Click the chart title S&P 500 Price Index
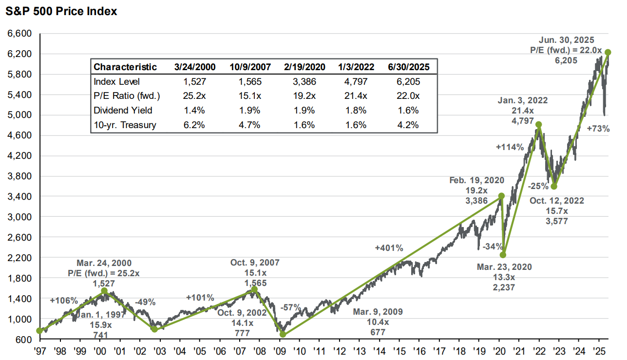point(61,11)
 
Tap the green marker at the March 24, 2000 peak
point(104,290)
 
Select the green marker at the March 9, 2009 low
point(283,334)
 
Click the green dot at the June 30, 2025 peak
point(608,52)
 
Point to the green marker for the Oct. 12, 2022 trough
point(553,187)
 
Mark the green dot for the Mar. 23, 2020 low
point(503,255)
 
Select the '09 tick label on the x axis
point(279,351)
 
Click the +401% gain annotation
point(389,248)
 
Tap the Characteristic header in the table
point(125,67)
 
